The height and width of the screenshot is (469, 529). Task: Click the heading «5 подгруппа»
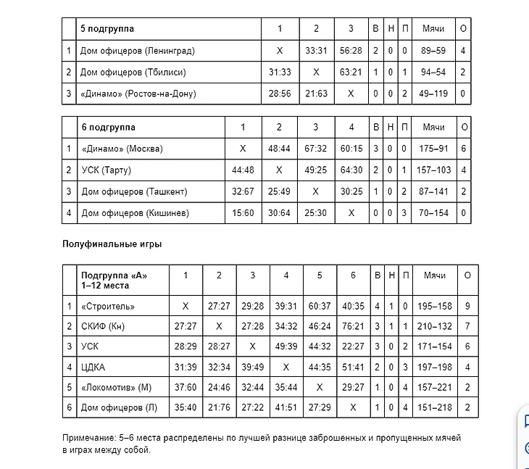[107, 29]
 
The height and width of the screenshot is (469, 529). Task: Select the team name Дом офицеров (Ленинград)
[138, 51]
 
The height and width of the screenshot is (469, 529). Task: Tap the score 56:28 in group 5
[351, 51]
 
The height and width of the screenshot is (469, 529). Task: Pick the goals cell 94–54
[433, 72]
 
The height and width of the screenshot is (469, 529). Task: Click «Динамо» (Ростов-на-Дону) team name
[138, 94]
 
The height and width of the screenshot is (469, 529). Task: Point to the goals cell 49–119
[433, 94]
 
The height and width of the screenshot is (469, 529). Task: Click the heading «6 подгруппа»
[108, 127]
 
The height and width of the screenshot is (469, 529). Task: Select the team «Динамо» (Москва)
[122, 149]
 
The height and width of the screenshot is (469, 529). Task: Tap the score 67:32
[315, 149]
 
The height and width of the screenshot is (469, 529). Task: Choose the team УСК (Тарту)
[106, 170]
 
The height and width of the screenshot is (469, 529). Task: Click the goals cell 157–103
[433, 170]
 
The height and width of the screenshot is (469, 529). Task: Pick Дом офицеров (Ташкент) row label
[134, 191]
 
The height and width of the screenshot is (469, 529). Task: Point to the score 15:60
[243, 213]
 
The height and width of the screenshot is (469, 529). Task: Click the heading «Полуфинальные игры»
[112, 244]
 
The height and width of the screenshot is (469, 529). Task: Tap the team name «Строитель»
[108, 306]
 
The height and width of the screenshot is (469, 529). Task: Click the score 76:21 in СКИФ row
[353, 326]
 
